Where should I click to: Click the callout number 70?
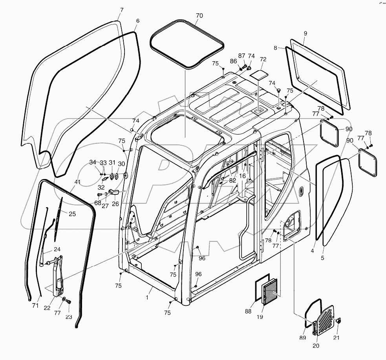(199, 16)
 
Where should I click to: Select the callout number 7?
(122, 9)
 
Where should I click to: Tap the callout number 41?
(77, 182)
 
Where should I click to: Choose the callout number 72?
(263, 59)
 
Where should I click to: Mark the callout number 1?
(147, 298)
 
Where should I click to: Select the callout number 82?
(233, 180)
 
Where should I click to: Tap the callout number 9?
(305, 34)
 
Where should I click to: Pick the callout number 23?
(69, 316)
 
